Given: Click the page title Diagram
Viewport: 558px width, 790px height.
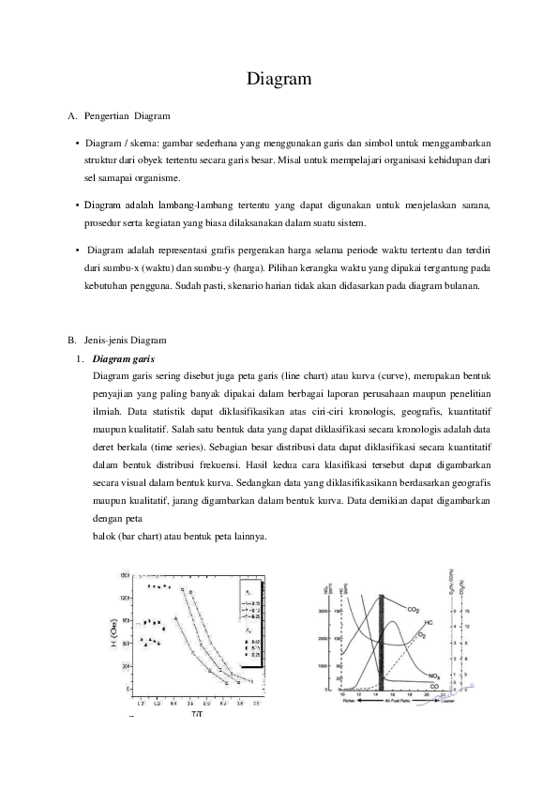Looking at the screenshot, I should point(279,80).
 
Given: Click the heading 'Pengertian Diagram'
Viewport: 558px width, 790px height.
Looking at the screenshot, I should point(127,116).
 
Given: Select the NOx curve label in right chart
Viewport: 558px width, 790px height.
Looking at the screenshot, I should point(433,676).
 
